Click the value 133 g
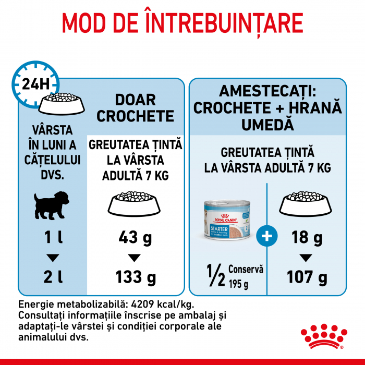click(135, 277)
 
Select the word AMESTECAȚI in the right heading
click(267, 92)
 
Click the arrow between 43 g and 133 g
click(135, 258)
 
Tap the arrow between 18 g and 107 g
click(306, 258)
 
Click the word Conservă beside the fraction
click(249, 270)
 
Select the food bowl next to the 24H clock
click(65, 104)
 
